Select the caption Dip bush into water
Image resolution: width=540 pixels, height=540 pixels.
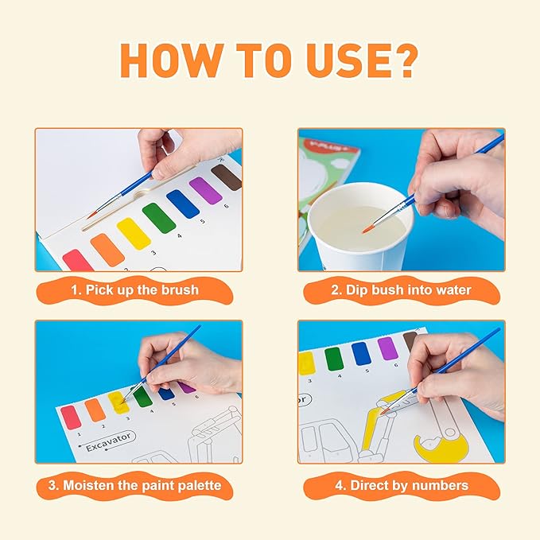(x=401, y=290)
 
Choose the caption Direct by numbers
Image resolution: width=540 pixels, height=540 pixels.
(x=401, y=485)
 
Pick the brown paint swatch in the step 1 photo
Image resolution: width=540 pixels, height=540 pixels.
(x=227, y=177)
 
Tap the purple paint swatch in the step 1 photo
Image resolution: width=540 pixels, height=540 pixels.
(x=204, y=190)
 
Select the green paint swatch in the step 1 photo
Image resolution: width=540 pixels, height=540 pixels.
(x=159, y=218)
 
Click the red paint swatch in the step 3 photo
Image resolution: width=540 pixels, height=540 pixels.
(x=71, y=417)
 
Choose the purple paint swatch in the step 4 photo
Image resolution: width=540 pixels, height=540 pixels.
(x=387, y=348)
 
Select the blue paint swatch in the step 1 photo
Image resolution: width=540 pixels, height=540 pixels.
(x=182, y=204)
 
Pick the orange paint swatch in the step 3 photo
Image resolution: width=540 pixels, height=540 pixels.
(x=95, y=410)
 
